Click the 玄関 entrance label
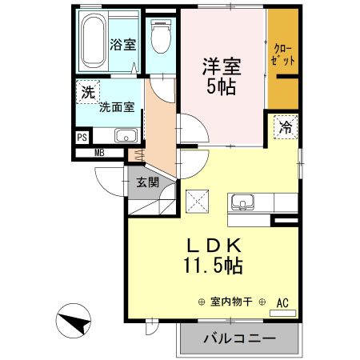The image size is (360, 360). coord(147,182)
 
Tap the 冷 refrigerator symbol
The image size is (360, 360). coord(286,126)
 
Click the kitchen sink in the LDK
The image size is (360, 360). coord(241,201)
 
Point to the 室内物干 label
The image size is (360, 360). coord(231,302)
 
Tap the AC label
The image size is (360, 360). coord(282,302)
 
